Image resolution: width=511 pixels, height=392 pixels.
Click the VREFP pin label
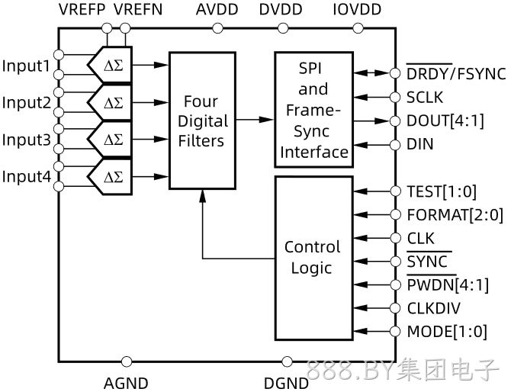point(82,9)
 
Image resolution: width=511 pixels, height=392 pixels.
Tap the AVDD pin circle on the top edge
point(217,28)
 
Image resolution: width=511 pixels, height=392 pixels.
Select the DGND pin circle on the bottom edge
point(287,361)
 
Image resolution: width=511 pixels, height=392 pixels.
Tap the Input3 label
point(27,140)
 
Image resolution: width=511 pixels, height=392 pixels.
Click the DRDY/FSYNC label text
point(456,74)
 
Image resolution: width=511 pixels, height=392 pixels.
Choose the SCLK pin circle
point(395,97)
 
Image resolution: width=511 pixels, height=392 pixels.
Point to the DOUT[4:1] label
point(445,121)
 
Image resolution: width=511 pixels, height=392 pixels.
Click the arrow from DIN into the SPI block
point(372,145)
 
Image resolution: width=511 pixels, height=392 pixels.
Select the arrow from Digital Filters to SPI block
point(255,120)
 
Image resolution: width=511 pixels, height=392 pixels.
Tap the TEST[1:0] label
point(442,191)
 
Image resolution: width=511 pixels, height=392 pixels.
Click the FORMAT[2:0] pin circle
point(395,214)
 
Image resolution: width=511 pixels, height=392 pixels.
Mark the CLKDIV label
point(434,308)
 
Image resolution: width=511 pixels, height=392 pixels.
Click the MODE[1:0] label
point(447,332)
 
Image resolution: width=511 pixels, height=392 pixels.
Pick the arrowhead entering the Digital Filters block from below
point(203,196)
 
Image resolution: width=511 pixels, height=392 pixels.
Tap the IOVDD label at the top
point(357,9)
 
